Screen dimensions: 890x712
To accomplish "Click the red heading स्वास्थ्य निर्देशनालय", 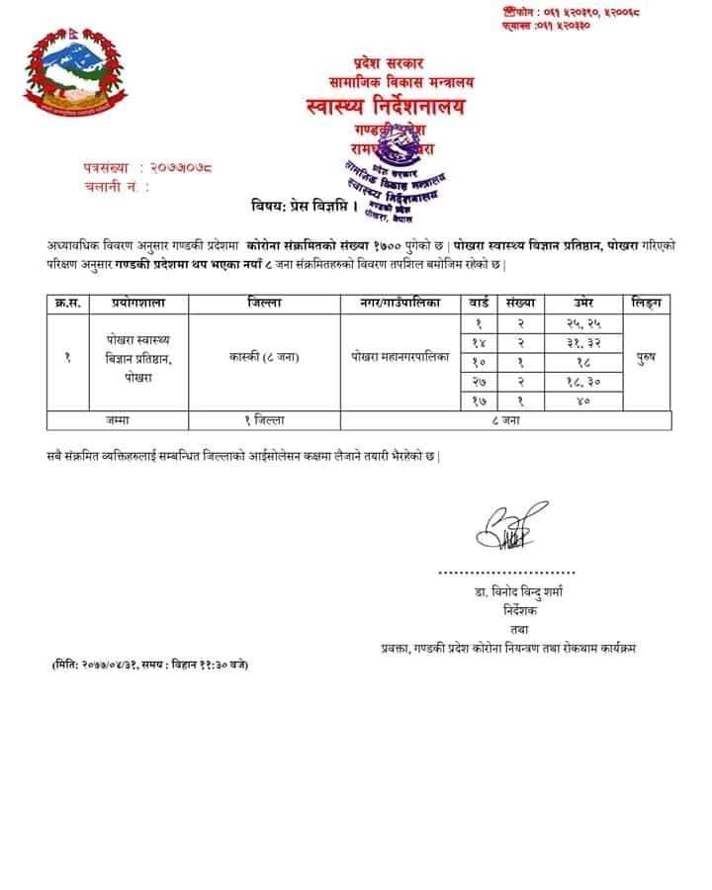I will pyautogui.click(x=386, y=107).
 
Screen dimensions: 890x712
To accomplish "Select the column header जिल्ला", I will pyautogui.click(x=265, y=302).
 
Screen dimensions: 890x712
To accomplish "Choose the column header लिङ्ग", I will pyautogui.click(x=647, y=302).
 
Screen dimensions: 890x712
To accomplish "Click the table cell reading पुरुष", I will pyautogui.click(x=647, y=359).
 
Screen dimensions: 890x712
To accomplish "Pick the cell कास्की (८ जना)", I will pyautogui.click(x=264, y=359).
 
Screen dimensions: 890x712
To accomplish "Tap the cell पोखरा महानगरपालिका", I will pyautogui.click(x=400, y=359).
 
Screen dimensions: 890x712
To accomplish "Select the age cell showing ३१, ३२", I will pyautogui.click(x=582, y=341).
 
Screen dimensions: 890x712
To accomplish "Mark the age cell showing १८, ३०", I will pyautogui.click(x=582, y=380).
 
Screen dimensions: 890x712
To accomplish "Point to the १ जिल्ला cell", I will pyautogui.click(x=264, y=420).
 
